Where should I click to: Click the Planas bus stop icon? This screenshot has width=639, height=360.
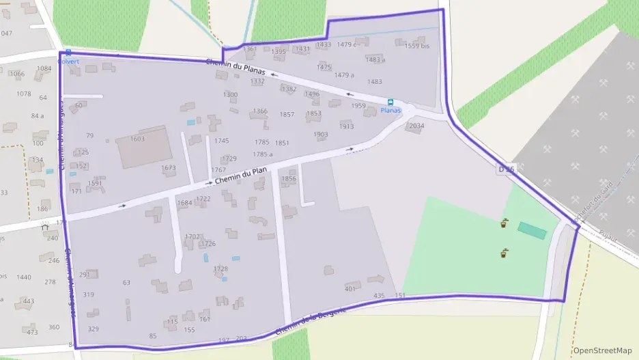point(390,102)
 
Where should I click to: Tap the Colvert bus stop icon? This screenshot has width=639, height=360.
point(68,53)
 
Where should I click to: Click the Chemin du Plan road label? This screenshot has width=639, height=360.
point(240,176)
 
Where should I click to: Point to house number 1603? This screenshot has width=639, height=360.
point(137,139)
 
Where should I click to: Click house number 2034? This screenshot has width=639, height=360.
point(416,126)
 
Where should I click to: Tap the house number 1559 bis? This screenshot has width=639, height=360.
point(416,46)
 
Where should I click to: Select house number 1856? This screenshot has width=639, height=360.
point(289,178)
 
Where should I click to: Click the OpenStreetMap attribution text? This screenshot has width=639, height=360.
point(603,350)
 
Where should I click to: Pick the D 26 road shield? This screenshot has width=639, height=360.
point(506,167)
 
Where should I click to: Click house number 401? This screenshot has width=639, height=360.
point(350,289)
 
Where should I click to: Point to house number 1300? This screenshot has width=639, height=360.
point(231,95)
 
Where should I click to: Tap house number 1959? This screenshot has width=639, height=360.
point(358,106)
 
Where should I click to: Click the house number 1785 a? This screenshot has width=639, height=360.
point(263,154)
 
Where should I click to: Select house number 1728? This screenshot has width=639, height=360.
point(221,269)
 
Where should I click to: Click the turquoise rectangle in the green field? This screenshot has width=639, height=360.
point(532,231)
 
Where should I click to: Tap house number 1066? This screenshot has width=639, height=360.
point(17,74)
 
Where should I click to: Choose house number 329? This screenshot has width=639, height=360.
point(94,329)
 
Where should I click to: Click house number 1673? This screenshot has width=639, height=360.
point(169,168)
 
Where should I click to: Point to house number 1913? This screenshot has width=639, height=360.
point(346,126)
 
